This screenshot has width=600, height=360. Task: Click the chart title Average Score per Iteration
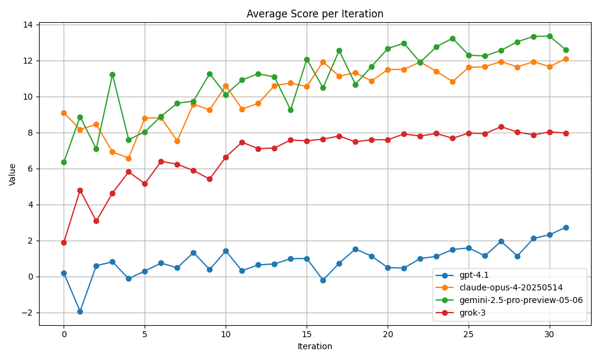(314, 14)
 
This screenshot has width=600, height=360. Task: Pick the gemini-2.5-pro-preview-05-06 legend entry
(509, 301)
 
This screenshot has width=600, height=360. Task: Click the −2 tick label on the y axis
(31, 313)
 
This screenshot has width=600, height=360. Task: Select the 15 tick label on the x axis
(307, 334)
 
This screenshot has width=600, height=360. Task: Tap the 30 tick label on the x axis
(550, 334)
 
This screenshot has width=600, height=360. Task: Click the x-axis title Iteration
(314, 346)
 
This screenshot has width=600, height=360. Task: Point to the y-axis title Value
(12, 175)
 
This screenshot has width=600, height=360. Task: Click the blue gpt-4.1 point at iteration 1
(80, 312)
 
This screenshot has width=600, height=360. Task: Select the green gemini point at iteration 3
(113, 74)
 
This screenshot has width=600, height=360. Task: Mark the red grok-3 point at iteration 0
(64, 242)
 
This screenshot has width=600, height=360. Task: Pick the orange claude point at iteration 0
(64, 113)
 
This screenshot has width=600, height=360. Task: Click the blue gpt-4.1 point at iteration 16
(323, 280)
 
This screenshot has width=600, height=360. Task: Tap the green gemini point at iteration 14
(290, 110)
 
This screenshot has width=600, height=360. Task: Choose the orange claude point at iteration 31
(566, 59)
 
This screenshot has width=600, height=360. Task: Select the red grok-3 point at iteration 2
(96, 221)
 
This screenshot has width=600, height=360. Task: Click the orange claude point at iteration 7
(177, 141)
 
